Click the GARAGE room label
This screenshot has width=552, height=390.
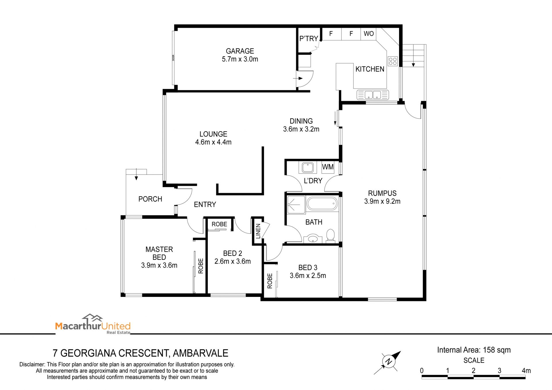pyautogui.click(x=240, y=51)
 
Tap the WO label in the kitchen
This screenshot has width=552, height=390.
pyautogui.click(x=369, y=34)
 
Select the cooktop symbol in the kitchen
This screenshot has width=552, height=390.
pyautogui.click(x=392, y=61)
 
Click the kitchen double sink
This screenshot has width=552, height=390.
pyautogui.click(x=373, y=95)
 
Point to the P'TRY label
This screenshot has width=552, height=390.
pyautogui.click(x=308, y=39)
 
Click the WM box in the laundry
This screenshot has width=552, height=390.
pyautogui.click(x=328, y=167)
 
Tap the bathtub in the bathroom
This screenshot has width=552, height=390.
pyautogui.click(x=322, y=203)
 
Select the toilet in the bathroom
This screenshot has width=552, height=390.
pyautogui.click(x=331, y=236)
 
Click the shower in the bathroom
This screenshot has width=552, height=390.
pyautogui.click(x=296, y=205)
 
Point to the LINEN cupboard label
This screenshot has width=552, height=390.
pyautogui.click(x=258, y=231)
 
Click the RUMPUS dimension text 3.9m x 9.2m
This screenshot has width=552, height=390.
pyautogui.click(x=382, y=201)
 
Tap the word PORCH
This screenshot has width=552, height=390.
pyautogui.click(x=150, y=199)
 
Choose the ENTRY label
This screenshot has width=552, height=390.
pyautogui.click(x=205, y=204)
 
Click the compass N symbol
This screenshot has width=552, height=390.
pyautogui.click(x=388, y=361)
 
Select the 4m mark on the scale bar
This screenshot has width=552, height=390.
pyautogui.click(x=526, y=371)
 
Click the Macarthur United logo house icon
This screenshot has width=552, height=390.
pyautogui.click(x=92, y=318)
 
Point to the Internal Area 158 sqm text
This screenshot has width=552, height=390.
pyautogui.click(x=474, y=350)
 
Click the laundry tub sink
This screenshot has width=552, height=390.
pyautogui.click(x=307, y=167)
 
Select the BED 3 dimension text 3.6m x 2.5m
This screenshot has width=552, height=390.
pyautogui.click(x=308, y=276)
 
